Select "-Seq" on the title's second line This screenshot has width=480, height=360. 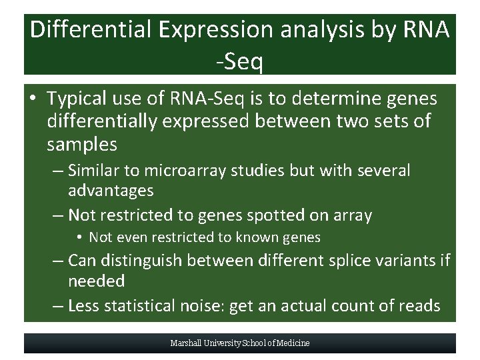[239, 62]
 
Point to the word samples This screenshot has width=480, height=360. [82, 144]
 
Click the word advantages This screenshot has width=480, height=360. [111, 191]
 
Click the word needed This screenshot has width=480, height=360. [96, 281]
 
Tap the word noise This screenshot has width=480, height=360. [207, 306]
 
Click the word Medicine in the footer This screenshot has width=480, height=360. [294, 343]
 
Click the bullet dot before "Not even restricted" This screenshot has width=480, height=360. [79, 238]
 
